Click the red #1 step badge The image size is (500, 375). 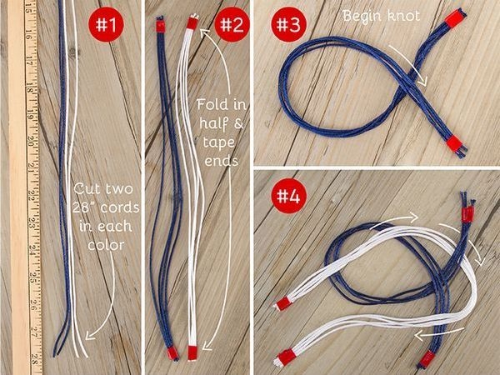pyautogui.click(x=106, y=24)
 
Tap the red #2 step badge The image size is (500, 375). pyautogui.click(x=232, y=24)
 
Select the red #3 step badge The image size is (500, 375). pyautogui.click(x=288, y=25)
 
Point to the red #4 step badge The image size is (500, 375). pyautogui.click(x=288, y=196)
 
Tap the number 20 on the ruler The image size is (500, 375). pyautogui.click(x=31, y=142)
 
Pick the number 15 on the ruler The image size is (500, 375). pyautogui.click(x=27, y=7)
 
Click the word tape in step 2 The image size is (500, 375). pyautogui.click(x=218, y=142)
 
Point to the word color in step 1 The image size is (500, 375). pyautogui.click(x=106, y=245)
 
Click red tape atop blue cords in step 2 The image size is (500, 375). pyautogui.click(x=161, y=26)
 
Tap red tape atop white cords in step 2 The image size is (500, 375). pyautogui.click(x=192, y=23)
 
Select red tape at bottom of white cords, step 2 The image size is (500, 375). pyautogui.click(x=192, y=352)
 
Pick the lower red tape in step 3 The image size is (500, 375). pyautogui.click(x=454, y=143)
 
